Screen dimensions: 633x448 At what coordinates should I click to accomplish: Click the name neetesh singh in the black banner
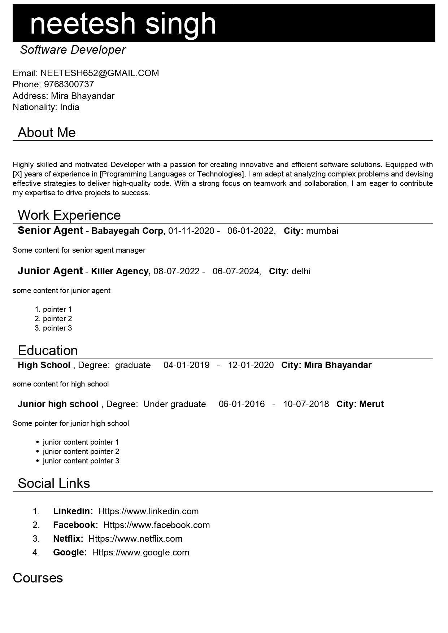[x=123, y=23]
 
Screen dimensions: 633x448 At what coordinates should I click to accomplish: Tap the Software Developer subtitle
[x=73, y=50]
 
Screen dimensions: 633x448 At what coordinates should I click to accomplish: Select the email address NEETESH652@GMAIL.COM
[x=100, y=73]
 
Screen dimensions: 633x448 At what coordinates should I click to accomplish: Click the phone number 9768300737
[x=69, y=84]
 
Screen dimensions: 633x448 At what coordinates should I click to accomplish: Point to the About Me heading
[x=47, y=133]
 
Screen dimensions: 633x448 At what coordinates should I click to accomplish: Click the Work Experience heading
[x=69, y=215]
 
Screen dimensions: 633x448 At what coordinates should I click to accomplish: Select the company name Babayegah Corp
[x=128, y=231]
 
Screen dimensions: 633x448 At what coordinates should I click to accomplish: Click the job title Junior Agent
[x=50, y=271]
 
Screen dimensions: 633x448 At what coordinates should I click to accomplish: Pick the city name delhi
[x=301, y=271]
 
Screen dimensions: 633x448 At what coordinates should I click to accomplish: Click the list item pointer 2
[x=57, y=319]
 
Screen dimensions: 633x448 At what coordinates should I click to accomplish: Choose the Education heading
[x=48, y=351]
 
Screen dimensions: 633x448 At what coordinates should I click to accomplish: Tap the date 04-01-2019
[x=186, y=365]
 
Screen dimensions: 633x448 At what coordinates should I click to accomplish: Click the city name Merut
[x=371, y=404]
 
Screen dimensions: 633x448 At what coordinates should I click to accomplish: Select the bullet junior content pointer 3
[x=81, y=461]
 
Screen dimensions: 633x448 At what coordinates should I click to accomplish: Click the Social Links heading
[x=54, y=484]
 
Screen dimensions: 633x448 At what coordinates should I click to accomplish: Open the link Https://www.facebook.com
[x=156, y=525]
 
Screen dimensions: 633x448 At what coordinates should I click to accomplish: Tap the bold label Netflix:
[x=68, y=539]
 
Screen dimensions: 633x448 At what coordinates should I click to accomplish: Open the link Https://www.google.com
[x=140, y=553]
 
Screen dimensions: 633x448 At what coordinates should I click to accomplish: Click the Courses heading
[x=38, y=578]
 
